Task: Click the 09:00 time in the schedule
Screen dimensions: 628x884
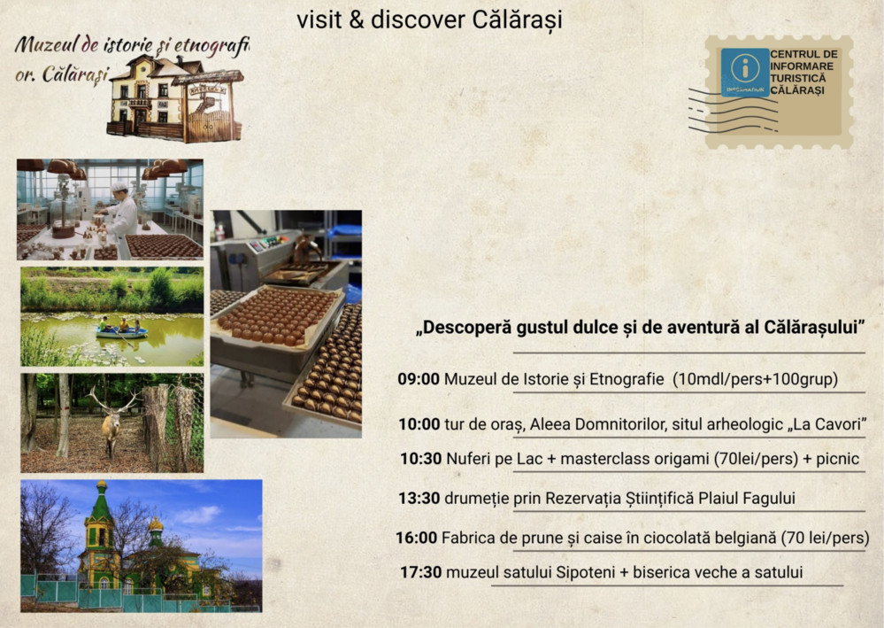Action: pyautogui.click(x=418, y=379)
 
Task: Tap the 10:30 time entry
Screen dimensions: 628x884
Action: pyautogui.click(x=419, y=459)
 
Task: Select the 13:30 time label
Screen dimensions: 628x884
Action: pyautogui.click(x=419, y=498)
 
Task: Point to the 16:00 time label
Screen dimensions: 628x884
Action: pyautogui.click(x=416, y=538)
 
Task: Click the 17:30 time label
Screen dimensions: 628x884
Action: pyautogui.click(x=420, y=572)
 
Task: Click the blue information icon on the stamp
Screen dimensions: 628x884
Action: pyautogui.click(x=744, y=70)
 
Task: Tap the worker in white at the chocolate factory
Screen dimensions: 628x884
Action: pyautogui.click(x=122, y=217)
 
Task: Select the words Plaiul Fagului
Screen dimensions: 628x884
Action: pyautogui.click(x=740, y=498)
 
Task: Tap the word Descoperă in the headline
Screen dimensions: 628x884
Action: pyautogui.click(x=464, y=327)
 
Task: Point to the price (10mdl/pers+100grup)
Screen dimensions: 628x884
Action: pyautogui.click(x=755, y=379)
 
